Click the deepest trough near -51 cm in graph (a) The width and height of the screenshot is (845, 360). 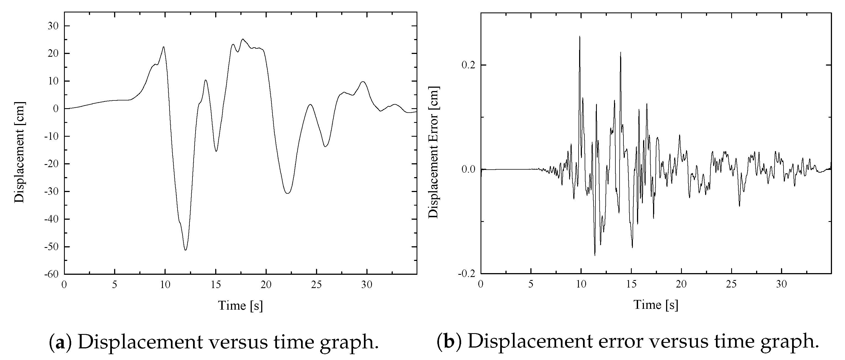[x=186, y=250]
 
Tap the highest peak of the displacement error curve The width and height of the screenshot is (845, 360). [x=580, y=37]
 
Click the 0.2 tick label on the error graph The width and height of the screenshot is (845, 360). [x=468, y=65]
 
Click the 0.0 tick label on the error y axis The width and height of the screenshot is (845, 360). [x=468, y=170]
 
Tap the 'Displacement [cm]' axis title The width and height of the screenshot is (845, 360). [x=20, y=152]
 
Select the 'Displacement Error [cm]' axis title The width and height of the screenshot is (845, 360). [x=434, y=152]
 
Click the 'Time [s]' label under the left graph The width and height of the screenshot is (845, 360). [x=240, y=305]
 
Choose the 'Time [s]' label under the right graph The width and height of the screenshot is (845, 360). [x=656, y=305]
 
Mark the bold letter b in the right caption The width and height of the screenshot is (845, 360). [x=449, y=341]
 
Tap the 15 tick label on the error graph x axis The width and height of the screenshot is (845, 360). [x=631, y=284]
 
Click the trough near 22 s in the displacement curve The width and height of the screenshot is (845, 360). [x=288, y=193]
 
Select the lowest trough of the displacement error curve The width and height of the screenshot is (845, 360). [x=595, y=255]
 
